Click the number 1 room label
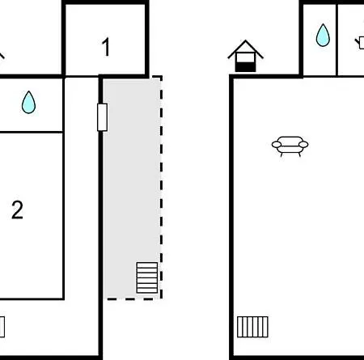pyautogui.click(x=106, y=47)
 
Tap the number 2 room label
pyautogui.click(x=17, y=210)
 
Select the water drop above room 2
pyautogui.click(x=28, y=102)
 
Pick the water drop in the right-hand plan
pyautogui.click(x=323, y=35)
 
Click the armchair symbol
pyautogui.click(x=290, y=146)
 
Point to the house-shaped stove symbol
pyautogui.click(x=245, y=56)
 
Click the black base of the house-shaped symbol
pyautogui.click(x=245, y=67)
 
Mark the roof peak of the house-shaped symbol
pyautogui.click(x=245, y=40)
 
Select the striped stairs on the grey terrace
pyautogui.click(x=147, y=277)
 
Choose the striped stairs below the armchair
pyautogui.click(x=252, y=327)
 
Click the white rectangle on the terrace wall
pyautogui.click(x=102, y=117)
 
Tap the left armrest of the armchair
pyautogui.click(x=277, y=145)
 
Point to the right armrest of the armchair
pyautogui.click(x=303, y=145)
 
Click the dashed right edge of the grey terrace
pyautogui.click(x=161, y=188)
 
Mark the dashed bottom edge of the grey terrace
pyautogui.click(x=134, y=299)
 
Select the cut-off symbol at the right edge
pyautogui.click(x=360, y=43)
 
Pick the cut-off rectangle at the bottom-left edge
pyautogui.click(x=2, y=327)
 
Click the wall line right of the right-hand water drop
pyautogui.click(x=336, y=40)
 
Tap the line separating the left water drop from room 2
pyautogui.click(x=32, y=132)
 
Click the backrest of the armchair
pyautogui.click(x=290, y=139)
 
